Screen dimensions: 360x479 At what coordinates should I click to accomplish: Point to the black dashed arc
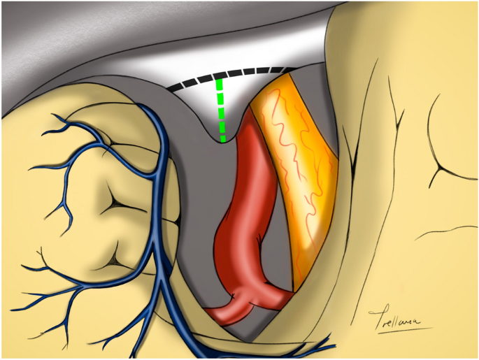click(x=231, y=73)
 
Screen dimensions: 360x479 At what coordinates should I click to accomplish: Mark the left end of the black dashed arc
click(x=169, y=89)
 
